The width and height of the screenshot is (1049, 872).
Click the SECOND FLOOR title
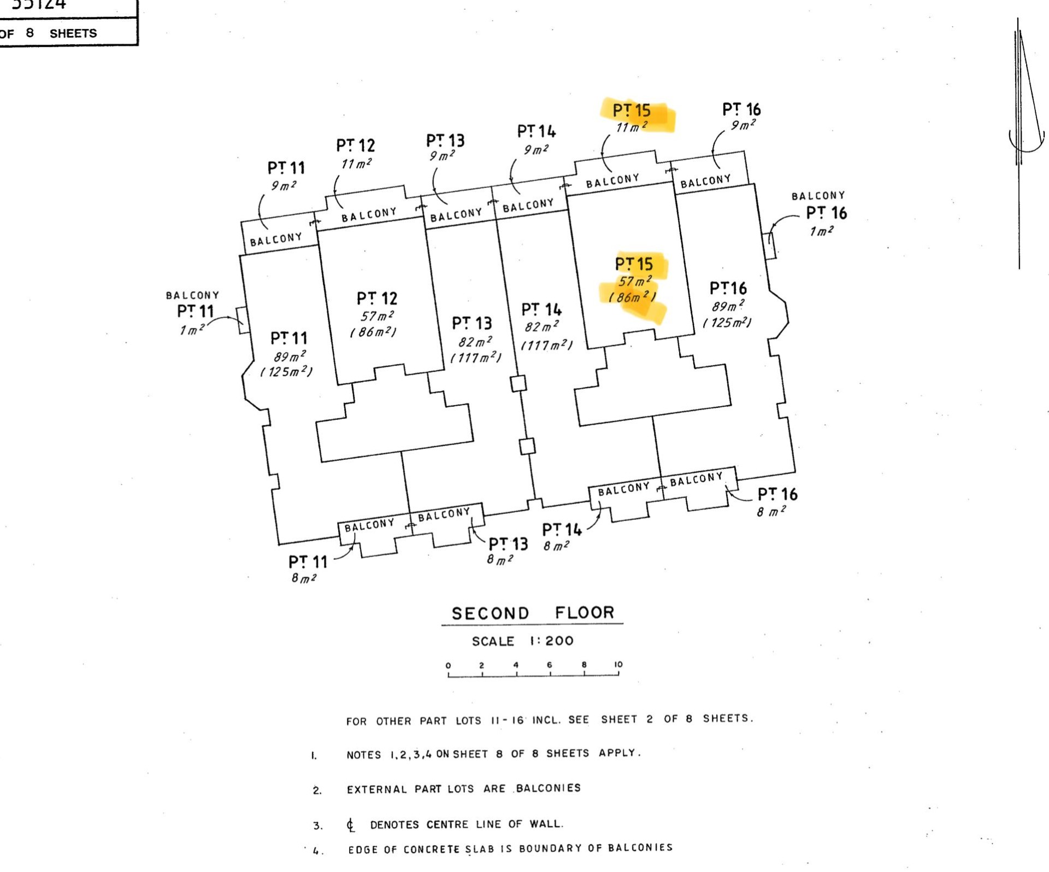pos(533,613)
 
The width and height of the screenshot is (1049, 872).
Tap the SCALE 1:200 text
pos(523,641)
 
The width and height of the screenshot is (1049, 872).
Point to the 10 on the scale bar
pos(618,665)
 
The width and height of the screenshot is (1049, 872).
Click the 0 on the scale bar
pos(448,666)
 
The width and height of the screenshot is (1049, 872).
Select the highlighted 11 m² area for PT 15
pos(632,127)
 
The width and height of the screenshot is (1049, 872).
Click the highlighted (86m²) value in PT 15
pos(632,297)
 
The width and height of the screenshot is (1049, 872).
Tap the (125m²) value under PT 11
pos(286,372)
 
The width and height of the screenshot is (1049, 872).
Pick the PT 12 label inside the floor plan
pos(377,299)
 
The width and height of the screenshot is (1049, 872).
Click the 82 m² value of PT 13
pos(475,342)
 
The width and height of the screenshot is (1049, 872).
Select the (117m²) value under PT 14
pos(546,346)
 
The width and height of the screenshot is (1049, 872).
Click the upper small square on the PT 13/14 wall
pos(518,383)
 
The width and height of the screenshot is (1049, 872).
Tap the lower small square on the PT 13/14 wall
pos(527,446)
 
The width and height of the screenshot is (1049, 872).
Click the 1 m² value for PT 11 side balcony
pos(192,330)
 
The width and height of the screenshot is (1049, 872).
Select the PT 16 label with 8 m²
pos(777,494)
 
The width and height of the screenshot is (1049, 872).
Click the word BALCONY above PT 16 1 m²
pos(818,196)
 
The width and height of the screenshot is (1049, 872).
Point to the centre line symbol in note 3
pos(350,825)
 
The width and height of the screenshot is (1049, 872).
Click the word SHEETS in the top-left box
pos(73,33)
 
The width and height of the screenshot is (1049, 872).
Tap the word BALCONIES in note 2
pos(548,788)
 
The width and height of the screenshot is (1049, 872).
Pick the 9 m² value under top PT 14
pos(536,150)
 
